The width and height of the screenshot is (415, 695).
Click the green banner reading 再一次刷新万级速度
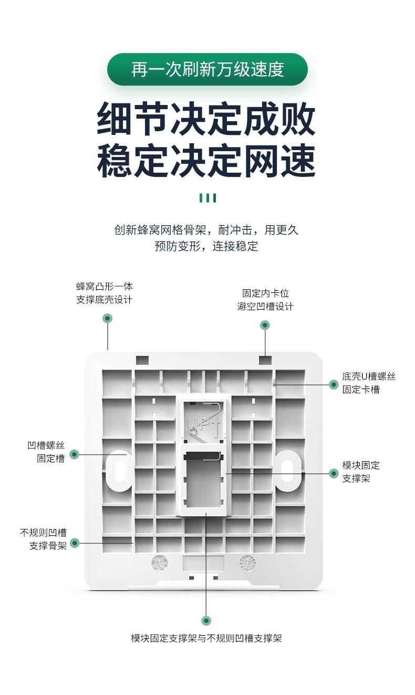207,69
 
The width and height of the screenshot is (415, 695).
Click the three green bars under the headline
207,198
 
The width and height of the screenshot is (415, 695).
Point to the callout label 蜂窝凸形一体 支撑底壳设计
104,293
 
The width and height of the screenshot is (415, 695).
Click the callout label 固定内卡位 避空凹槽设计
265,300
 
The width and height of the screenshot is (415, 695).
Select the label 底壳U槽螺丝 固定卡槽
368,383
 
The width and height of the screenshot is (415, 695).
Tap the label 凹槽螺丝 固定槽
46,452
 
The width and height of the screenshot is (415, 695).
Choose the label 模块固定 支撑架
361,472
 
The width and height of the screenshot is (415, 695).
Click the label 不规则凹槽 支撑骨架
44,539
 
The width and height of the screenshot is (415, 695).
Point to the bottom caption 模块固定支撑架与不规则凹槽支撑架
206,638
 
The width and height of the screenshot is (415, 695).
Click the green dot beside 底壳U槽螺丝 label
334,385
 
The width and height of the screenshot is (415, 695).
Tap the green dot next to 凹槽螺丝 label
74,455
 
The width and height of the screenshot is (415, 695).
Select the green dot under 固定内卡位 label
265,325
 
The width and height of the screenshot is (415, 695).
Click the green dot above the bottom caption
206,620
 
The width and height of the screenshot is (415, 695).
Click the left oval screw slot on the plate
120,470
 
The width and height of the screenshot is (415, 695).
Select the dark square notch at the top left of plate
142,360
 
